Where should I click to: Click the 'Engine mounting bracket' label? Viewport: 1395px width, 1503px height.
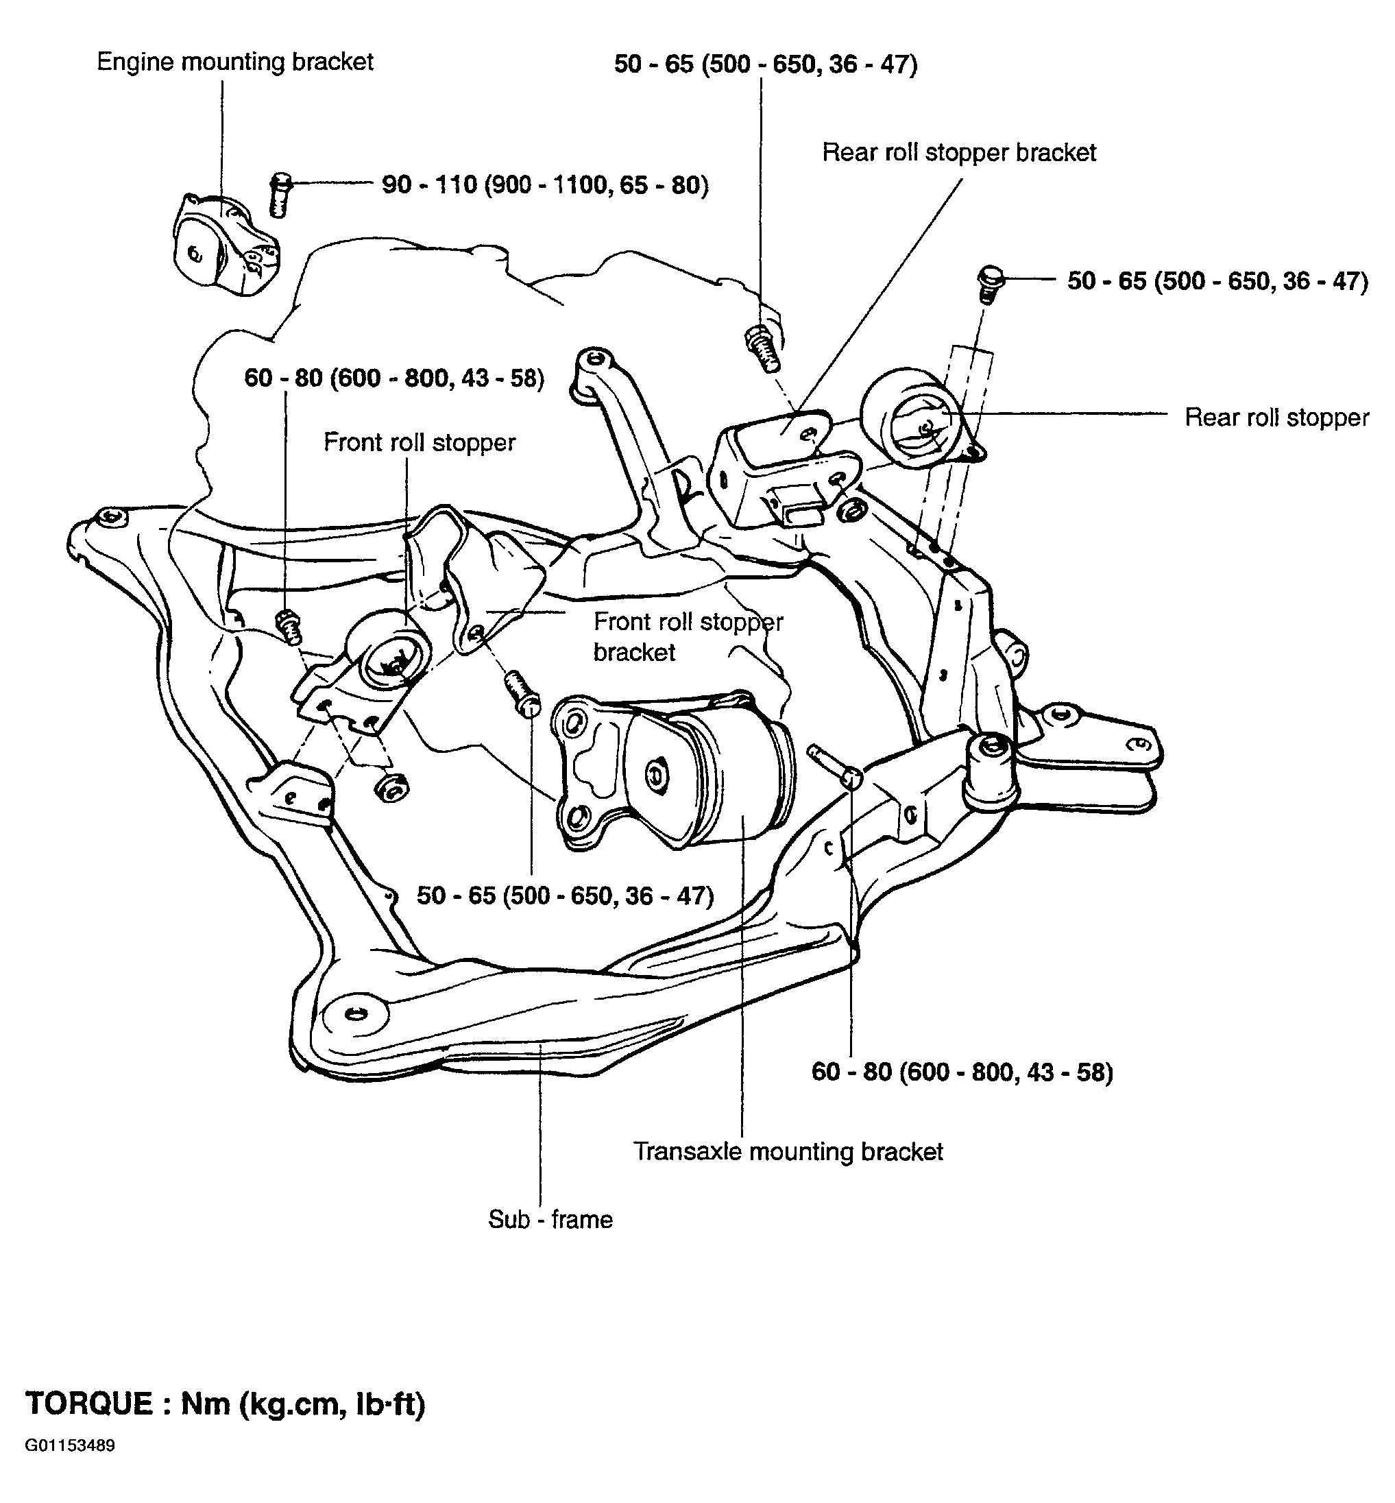pos(234,61)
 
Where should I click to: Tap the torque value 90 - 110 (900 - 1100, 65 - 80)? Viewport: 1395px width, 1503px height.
pos(545,184)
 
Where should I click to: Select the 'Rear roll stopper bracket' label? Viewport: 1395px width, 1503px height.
pos(959,152)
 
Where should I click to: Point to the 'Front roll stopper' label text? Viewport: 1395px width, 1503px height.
pos(419,442)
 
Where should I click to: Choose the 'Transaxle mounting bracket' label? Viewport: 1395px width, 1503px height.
pos(788,1151)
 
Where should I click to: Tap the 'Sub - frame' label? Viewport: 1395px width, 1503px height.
pos(550,1219)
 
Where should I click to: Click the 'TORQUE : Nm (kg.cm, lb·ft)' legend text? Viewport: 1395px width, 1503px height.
pos(226,1404)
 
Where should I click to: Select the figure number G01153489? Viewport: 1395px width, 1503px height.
pos(69,1446)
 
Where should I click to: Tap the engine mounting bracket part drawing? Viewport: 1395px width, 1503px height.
pos(225,245)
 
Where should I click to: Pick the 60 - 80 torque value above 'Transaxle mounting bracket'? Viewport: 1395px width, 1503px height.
pos(962,1072)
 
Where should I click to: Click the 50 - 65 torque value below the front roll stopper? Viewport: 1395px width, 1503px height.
pos(566,895)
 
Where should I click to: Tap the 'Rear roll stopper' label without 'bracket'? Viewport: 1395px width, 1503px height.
pos(1276,418)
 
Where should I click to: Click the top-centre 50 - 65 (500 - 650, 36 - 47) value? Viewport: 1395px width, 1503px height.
pos(766,64)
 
